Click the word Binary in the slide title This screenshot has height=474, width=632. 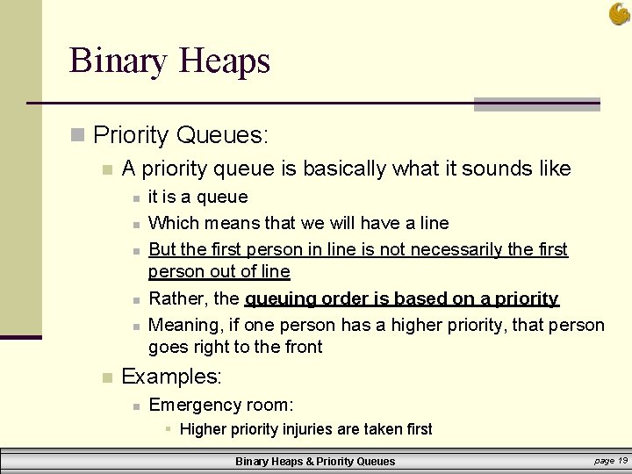tap(118, 61)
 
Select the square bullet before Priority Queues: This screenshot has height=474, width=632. tap(78, 134)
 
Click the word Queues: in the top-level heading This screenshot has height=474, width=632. tap(222, 134)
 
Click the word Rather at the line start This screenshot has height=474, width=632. tap(174, 299)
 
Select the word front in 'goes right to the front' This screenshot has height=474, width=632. tap(300, 347)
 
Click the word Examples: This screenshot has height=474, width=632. tap(171, 377)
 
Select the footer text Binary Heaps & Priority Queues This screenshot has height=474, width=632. tap(315, 461)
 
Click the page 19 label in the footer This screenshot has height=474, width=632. tap(610, 460)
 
